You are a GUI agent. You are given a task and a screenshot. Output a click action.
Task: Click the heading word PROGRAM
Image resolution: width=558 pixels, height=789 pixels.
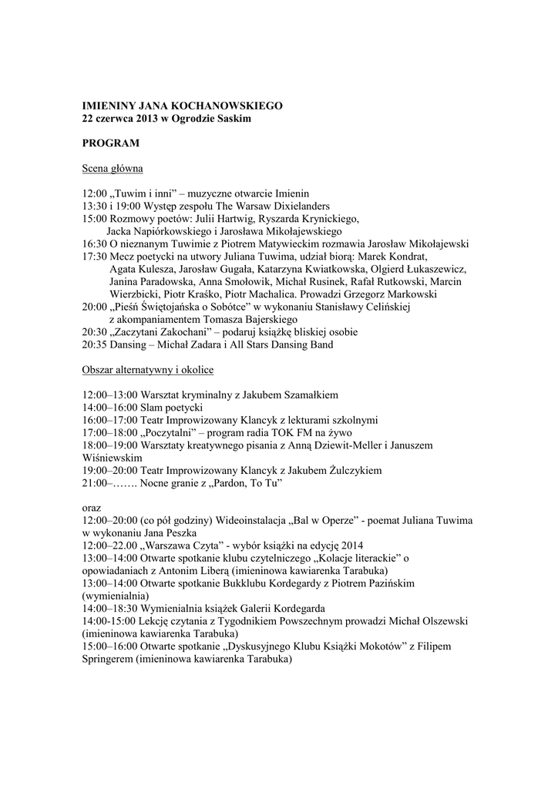point(111,143)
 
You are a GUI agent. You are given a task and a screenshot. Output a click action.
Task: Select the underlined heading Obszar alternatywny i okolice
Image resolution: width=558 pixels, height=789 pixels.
point(147,370)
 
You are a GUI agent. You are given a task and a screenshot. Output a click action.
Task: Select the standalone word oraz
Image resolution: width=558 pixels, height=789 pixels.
point(91,508)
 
